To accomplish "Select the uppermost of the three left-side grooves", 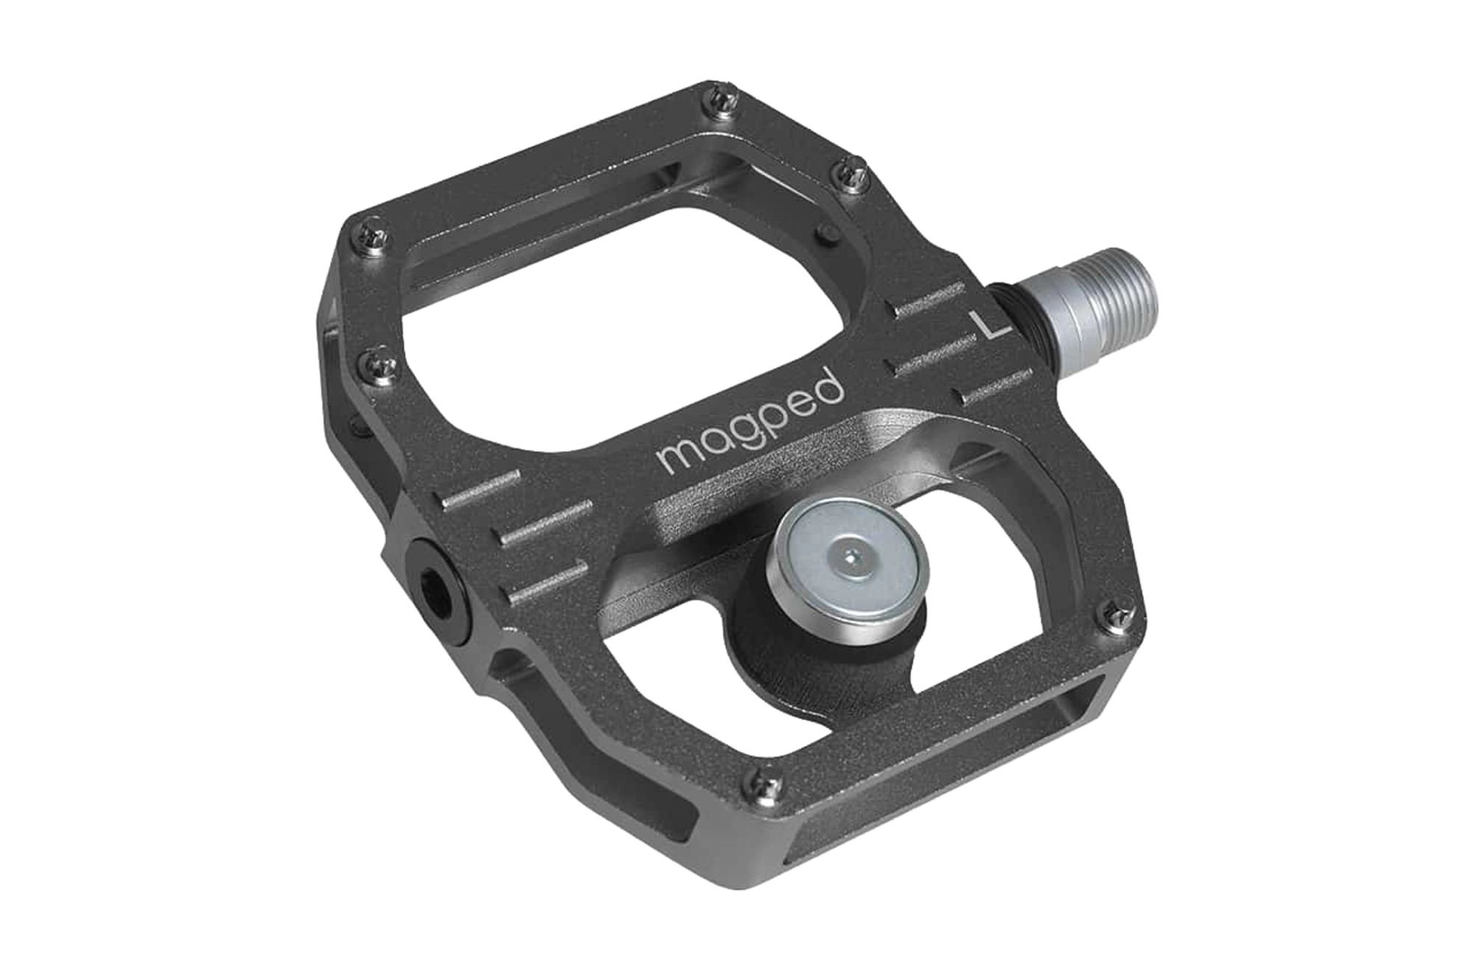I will point(479,489).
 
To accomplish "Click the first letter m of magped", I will point(675,458).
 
